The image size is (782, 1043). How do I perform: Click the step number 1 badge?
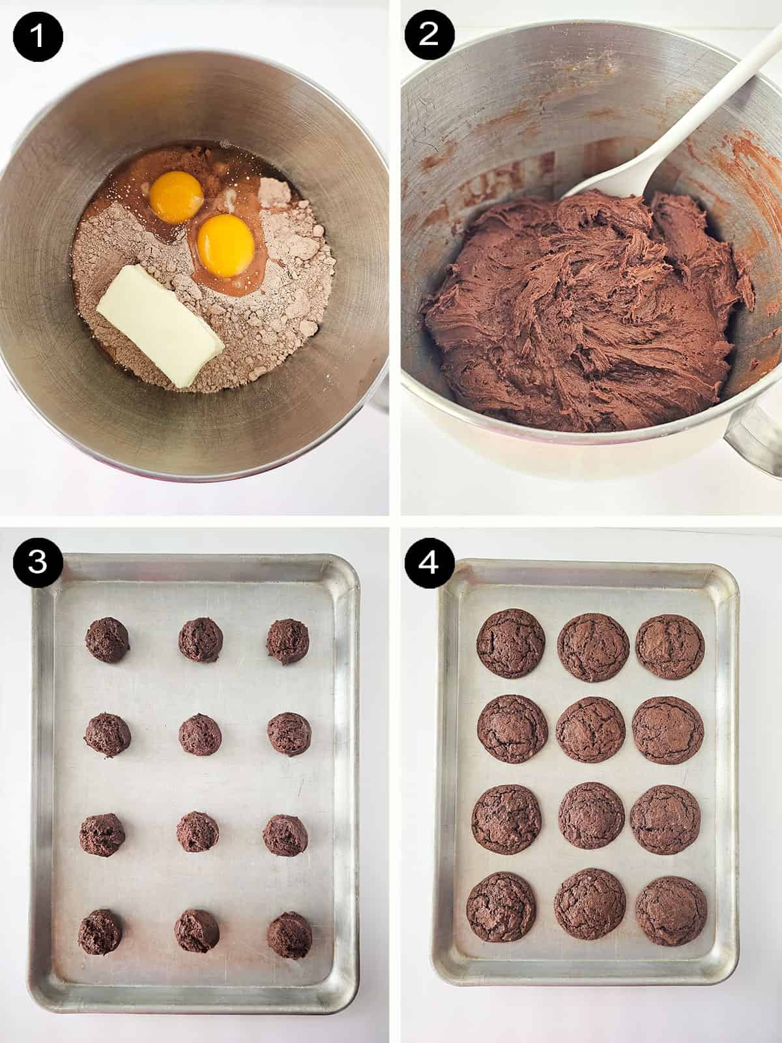click(38, 37)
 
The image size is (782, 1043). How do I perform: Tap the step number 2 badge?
click(429, 37)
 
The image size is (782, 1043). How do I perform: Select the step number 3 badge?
click(38, 561)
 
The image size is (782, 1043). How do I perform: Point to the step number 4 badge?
click(429, 561)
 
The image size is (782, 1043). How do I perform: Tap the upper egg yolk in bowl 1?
click(176, 197)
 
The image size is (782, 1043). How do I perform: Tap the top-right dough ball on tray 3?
click(287, 641)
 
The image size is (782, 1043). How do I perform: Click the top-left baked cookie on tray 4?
click(511, 643)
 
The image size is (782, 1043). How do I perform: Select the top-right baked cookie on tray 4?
click(670, 647)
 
